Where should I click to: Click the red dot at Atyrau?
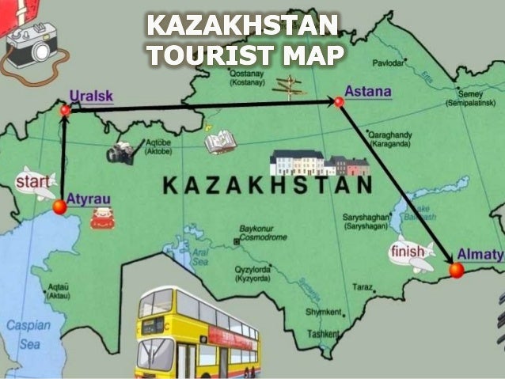(x=59, y=207)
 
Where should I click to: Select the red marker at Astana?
(x=339, y=101)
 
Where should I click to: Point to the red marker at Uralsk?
(x=66, y=111)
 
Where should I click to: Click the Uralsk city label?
(x=91, y=96)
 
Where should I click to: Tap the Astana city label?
(x=368, y=91)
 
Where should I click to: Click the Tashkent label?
(x=324, y=334)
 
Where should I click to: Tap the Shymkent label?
(x=324, y=313)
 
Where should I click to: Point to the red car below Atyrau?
(x=103, y=217)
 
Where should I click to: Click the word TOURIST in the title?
(x=205, y=53)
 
